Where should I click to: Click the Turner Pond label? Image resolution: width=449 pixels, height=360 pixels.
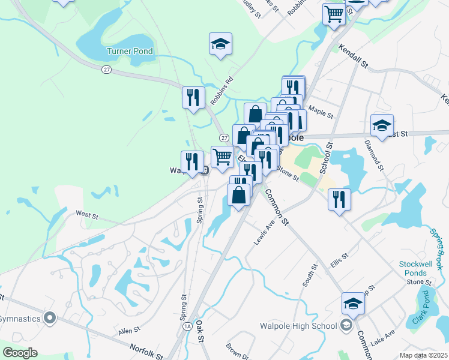coord(130,52)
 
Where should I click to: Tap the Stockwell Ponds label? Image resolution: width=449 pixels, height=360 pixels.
coord(413,269)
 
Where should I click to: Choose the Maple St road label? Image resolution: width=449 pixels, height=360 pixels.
coord(321,112)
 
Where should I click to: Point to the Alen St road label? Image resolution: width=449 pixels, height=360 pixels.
coord(128,330)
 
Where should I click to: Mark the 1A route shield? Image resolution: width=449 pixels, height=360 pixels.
coord(188,326)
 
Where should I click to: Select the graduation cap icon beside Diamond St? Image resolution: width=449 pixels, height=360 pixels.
coord(382,125)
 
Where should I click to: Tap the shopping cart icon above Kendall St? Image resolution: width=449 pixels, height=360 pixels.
coord(334,14)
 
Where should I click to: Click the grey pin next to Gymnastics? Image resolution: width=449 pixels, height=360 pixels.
coord(49,318)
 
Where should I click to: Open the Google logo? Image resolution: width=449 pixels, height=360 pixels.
coord(20,353)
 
